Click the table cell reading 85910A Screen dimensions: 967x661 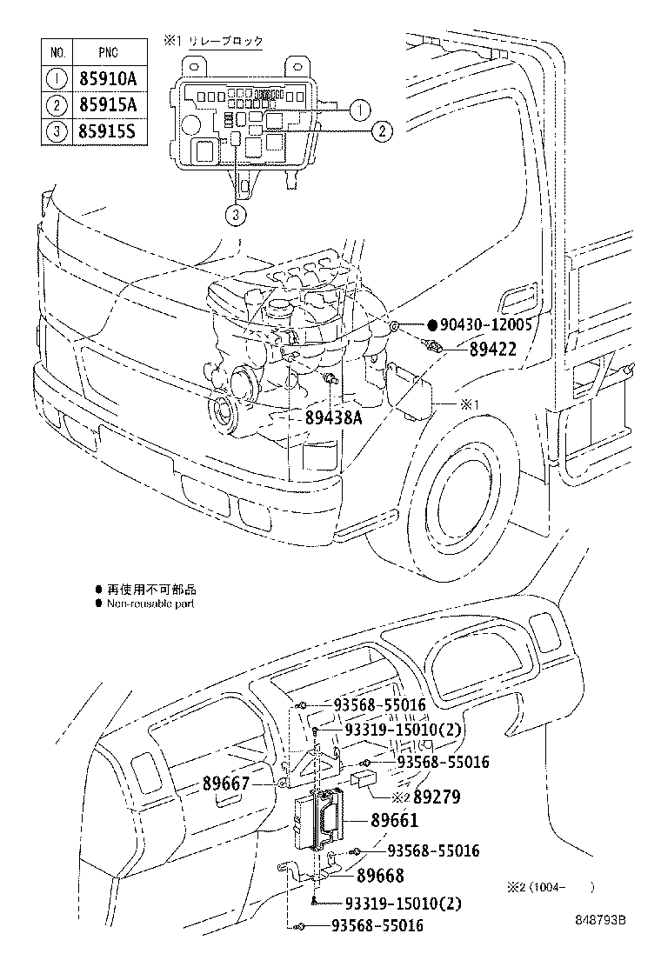point(108,79)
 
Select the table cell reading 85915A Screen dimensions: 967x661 point(108,105)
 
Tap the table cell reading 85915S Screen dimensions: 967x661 point(108,132)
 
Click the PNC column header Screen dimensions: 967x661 point(108,52)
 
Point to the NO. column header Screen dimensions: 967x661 point(57,52)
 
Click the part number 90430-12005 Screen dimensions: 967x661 point(485,325)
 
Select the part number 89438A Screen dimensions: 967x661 point(333,417)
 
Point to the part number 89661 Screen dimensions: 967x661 point(394,820)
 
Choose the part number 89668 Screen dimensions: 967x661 point(380,877)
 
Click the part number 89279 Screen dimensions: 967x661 point(437,797)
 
